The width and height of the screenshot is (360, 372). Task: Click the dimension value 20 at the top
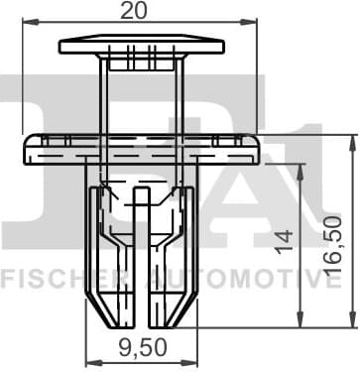tap(139, 11)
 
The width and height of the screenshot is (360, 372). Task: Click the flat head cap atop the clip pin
tap(139, 45)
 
